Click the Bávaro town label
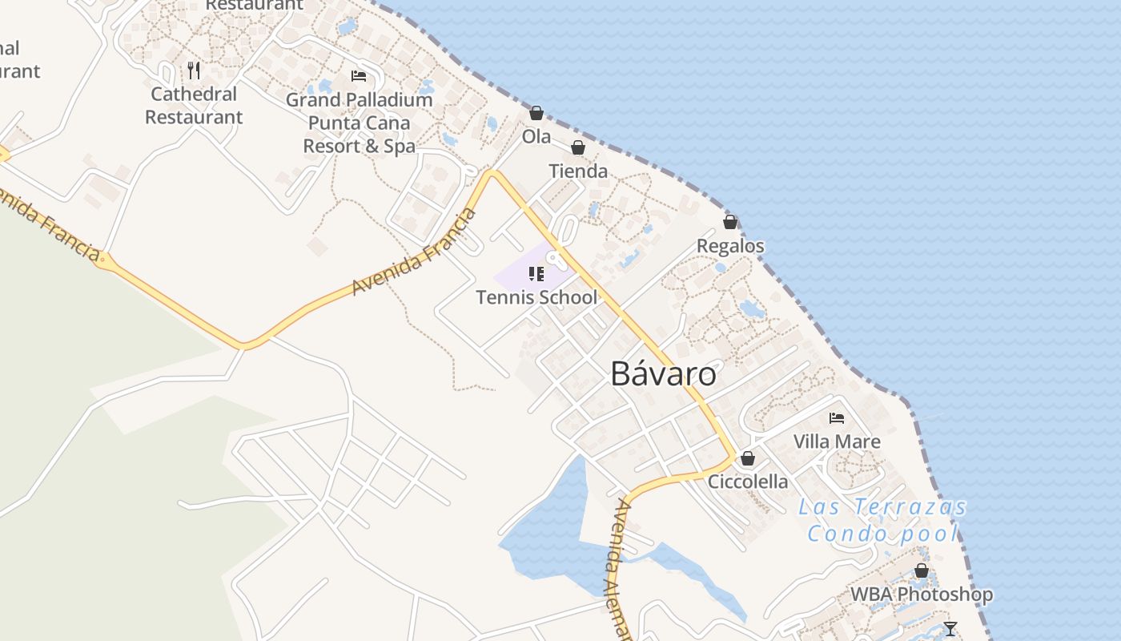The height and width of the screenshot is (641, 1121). point(663,374)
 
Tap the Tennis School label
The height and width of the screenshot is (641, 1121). point(536,297)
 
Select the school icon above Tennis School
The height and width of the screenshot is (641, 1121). point(536,275)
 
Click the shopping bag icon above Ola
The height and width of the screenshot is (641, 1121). point(536,113)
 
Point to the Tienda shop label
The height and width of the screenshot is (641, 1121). point(578,171)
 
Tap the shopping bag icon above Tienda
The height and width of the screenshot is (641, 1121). point(578,148)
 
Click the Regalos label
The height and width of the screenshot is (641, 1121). point(730,246)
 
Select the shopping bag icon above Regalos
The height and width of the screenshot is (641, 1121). point(730,222)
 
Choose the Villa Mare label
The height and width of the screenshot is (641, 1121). point(837,441)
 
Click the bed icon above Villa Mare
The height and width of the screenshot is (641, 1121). point(837,418)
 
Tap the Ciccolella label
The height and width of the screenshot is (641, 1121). point(748,482)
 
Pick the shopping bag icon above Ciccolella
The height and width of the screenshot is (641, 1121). point(748,458)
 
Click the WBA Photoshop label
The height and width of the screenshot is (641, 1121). point(921,595)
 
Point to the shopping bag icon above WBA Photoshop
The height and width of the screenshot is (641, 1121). point(922,571)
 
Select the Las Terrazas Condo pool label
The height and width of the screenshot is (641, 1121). point(882,520)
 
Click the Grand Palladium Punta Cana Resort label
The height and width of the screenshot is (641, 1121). point(359,123)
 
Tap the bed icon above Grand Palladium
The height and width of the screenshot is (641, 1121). point(359,76)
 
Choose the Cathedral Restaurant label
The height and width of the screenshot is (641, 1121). point(194,106)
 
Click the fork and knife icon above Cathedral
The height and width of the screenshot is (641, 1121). point(194,71)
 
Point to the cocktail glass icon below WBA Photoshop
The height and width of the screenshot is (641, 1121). point(950,628)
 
